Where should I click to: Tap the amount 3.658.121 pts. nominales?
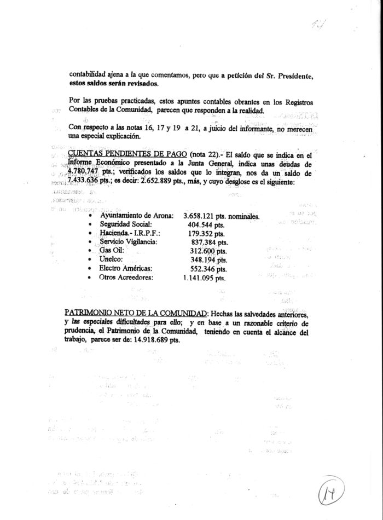click(221, 216)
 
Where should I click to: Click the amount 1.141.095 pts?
click(205, 278)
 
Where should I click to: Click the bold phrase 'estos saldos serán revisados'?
click(114, 84)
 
